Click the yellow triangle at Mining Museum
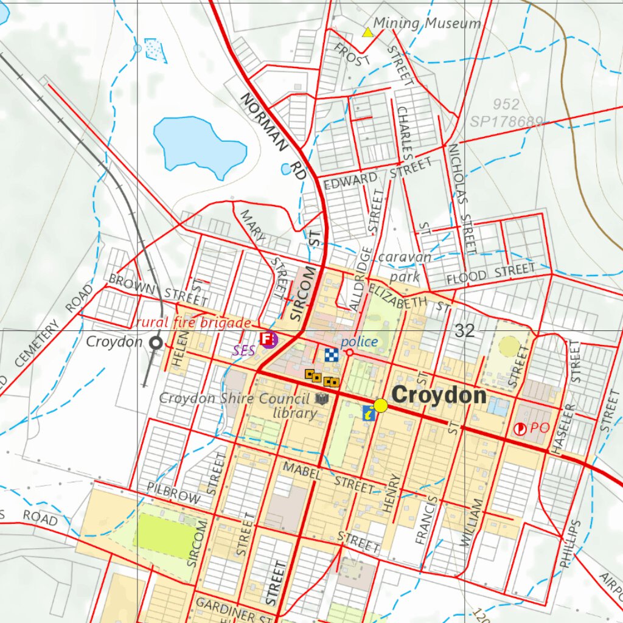tap(367, 32)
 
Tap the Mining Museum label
tap(426, 24)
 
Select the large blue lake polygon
tap(197, 145)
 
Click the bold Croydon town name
tap(439, 396)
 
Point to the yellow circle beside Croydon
tap(381, 405)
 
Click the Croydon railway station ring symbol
tap(156, 343)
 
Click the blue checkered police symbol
tap(330, 355)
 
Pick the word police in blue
tap(360, 342)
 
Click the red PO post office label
tap(540, 428)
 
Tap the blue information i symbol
tap(369, 413)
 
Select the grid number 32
tap(464, 331)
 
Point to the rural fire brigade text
tap(193, 322)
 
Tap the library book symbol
tap(321, 399)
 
